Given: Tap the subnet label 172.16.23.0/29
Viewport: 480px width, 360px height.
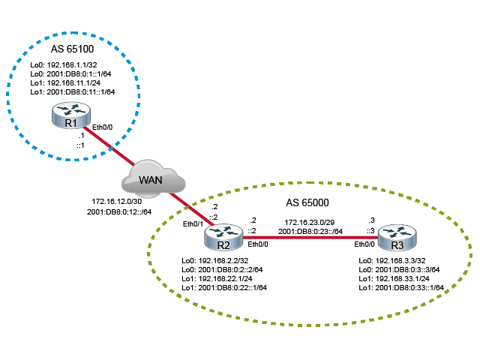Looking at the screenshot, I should click(x=311, y=222).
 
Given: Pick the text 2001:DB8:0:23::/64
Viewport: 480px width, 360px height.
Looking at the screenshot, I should click(x=311, y=231).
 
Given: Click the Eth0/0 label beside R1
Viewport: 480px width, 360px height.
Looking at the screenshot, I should click(x=103, y=127).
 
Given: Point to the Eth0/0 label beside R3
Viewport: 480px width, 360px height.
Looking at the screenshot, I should click(x=365, y=244).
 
